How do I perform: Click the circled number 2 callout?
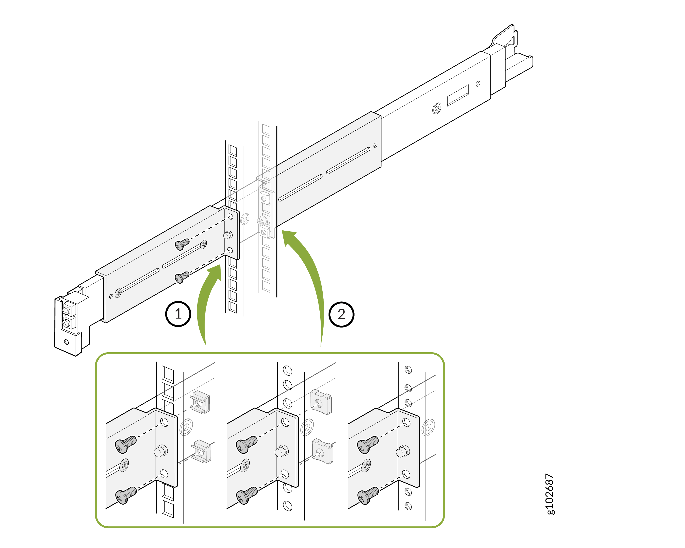click(x=341, y=314)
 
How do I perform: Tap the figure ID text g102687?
click(x=550, y=494)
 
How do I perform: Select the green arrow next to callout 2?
click(x=313, y=279)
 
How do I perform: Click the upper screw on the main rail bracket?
click(x=182, y=244)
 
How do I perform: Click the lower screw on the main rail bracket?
click(x=182, y=277)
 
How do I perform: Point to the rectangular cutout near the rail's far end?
click(x=458, y=95)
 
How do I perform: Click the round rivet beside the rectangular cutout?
click(x=437, y=108)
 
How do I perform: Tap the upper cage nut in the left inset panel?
click(x=200, y=402)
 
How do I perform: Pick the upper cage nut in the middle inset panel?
click(x=321, y=402)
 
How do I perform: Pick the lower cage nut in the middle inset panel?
click(x=322, y=451)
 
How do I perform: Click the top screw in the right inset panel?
click(x=368, y=444)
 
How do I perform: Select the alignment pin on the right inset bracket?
click(x=403, y=451)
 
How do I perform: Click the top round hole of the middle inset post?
click(x=287, y=370)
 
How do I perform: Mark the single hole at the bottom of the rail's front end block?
click(x=66, y=342)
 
